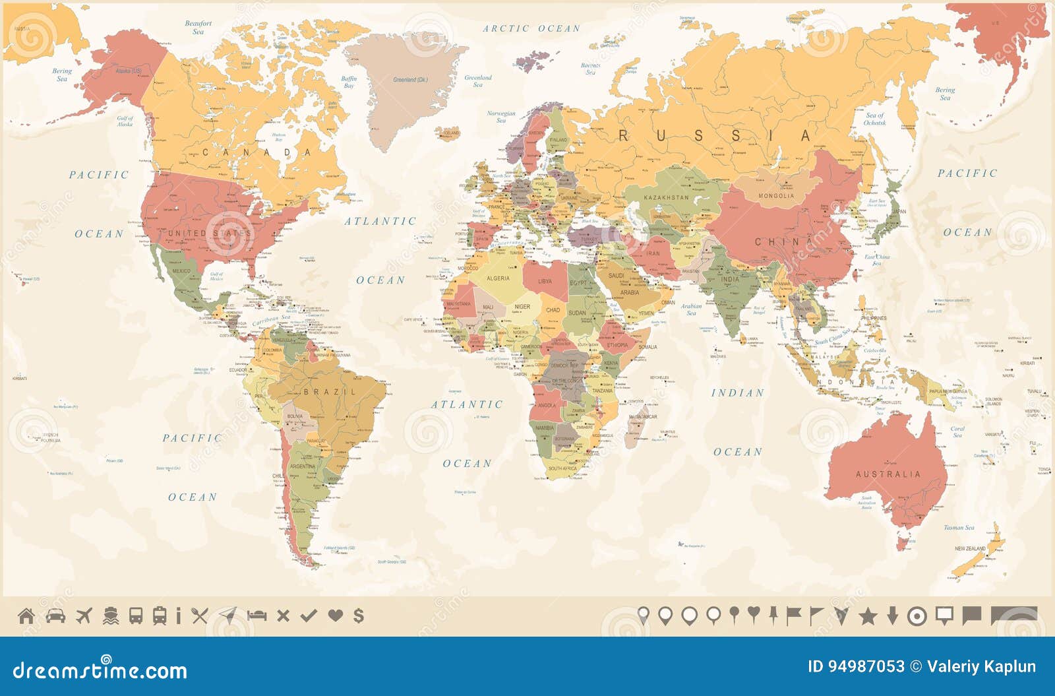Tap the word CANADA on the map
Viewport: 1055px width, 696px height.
pyautogui.click(x=256, y=152)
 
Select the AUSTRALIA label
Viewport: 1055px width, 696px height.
pyautogui.click(x=888, y=474)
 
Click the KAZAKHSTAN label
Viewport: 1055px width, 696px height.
pyautogui.click(x=666, y=197)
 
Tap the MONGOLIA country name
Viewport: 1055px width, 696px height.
pyautogui.click(x=776, y=196)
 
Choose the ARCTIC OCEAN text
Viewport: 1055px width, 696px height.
pyautogui.click(x=531, y=28)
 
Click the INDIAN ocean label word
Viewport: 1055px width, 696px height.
pyautogui.click(x=737, y=393)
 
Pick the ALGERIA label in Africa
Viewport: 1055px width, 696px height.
pyautogui.click(x=498, y=278)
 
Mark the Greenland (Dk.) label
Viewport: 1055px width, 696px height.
pyautogui.click(x=410, y=80)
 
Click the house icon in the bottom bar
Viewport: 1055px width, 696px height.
pyautogui.click(x=26, y=616)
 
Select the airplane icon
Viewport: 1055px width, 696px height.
pyautogui.click(x=83, y=616)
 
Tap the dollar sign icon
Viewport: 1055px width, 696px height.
pyautogui.click(x=358, y=616)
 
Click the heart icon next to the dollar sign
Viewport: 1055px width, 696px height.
pyautogui.click(x=335, y=616)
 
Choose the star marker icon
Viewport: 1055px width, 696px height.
pyautogui.click(x=868, y=616)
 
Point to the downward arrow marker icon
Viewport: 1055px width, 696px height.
pyautogui.click(x=892, y=616)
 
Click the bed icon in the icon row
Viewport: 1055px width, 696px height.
pyautogui.click(x=256, y=616)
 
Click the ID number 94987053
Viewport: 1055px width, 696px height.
pyautogui.click(x=856, y=667)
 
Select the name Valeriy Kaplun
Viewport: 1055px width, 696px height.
pyautogui.click(x=981, y=667)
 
